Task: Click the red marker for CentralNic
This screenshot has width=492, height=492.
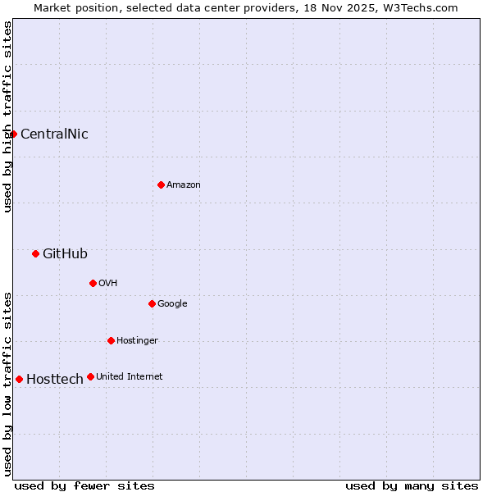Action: [14, 134]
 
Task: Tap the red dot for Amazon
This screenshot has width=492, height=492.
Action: [161, 184]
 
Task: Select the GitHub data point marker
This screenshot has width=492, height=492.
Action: [35, 253]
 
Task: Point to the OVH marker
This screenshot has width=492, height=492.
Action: [93, 283]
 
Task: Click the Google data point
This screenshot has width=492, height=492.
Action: [152, 303]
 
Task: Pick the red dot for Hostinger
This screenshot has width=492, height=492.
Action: [111, 340]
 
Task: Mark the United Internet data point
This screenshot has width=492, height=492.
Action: [90, 376]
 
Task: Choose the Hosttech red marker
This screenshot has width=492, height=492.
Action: [19, 379]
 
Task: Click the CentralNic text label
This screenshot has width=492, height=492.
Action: [54, 134]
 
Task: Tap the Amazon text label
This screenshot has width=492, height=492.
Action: [184, 185]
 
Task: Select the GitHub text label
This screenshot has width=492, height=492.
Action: [65, 254]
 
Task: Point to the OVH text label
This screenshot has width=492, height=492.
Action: [108, 284]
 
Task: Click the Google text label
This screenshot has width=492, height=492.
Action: [172, 304]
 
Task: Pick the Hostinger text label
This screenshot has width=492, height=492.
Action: [137, 341]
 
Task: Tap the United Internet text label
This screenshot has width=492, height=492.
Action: [130, 377]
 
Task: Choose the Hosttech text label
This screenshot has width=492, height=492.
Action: [55, 380]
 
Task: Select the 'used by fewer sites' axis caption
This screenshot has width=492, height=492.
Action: [84, 485]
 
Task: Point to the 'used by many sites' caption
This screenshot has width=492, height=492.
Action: [412, 485]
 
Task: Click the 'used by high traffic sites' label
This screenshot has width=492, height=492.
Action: [7, 116]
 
